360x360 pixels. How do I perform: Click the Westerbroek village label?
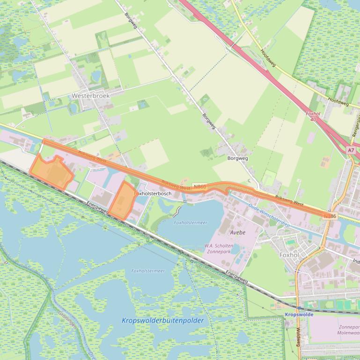[91, 95]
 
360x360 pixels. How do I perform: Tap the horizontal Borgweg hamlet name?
[237, 158]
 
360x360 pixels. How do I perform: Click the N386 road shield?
[330, 216]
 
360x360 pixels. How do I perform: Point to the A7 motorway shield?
[351, 150]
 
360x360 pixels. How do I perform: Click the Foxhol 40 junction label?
[313, 116]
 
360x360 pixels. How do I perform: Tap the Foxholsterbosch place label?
[153, 193]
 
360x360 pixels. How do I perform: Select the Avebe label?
[238, 232]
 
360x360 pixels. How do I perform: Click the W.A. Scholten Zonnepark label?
[219, 248]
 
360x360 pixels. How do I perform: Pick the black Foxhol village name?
[289, 255]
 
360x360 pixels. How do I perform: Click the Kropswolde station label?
[299, 315]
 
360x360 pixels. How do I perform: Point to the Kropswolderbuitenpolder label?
[163, 321]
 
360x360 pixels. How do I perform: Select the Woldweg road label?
[298, 336]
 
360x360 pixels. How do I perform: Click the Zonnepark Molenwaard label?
[348, 330]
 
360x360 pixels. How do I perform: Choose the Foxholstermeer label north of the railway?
[190, 223]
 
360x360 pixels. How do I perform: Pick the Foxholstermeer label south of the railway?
[148, 271]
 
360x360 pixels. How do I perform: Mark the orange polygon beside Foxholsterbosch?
[122, 201]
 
